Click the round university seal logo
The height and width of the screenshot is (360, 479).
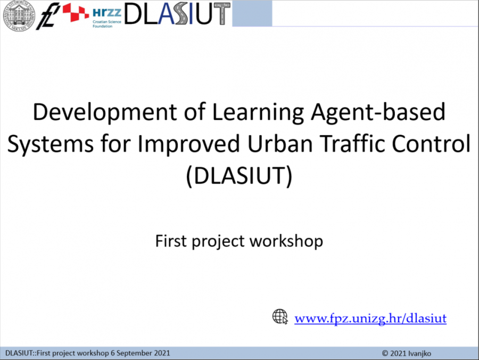19,15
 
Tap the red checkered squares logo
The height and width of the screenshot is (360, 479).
76,12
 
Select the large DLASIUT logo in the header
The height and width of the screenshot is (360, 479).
177,14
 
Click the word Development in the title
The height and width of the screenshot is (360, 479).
105,112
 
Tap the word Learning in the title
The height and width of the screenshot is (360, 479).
258,112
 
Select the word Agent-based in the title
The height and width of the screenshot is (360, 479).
378,112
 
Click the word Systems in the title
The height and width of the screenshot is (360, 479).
51,144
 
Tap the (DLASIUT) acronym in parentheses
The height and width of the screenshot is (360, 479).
239,176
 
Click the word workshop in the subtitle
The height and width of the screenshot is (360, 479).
286,241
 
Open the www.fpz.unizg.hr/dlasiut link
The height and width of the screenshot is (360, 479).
370,318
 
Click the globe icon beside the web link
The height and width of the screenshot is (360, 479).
280,316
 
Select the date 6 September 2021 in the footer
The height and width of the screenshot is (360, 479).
140,353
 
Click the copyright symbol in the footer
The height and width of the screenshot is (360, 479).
385,354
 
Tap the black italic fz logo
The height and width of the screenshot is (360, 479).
48,16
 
